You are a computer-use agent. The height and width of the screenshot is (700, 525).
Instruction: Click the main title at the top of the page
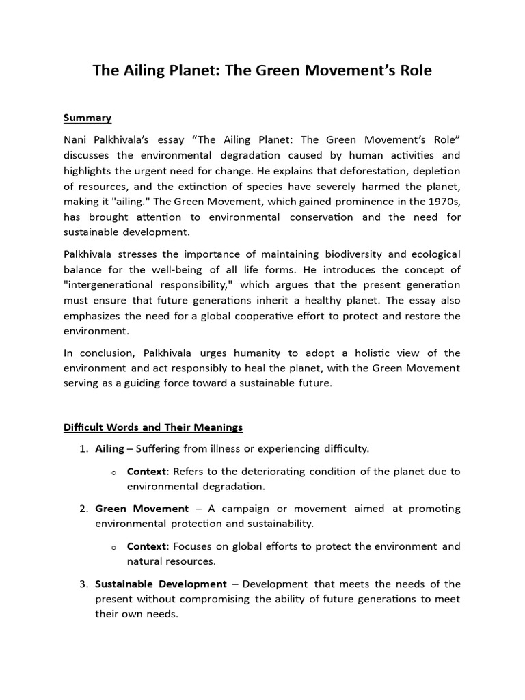click(x=262, y=70)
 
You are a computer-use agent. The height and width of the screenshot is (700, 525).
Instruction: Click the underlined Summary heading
click(x=87, y=118)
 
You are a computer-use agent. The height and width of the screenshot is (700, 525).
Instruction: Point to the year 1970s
click(x=439, y=202)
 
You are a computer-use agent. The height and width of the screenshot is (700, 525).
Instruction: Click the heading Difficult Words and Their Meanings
click(x=153, y=427)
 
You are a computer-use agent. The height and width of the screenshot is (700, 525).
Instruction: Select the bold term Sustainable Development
click(x=161, y=584)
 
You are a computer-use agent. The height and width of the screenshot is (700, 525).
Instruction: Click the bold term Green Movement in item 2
click(x=142, y=509)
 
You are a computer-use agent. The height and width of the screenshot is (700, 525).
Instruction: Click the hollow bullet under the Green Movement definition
click(x=114, y=547)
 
